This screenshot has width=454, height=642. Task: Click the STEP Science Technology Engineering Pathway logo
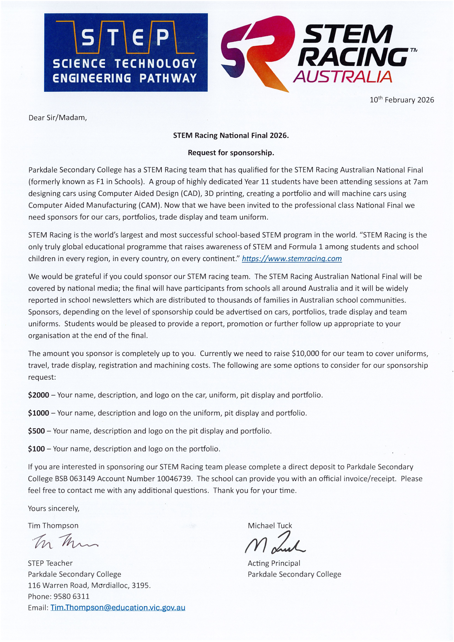click(126, 53)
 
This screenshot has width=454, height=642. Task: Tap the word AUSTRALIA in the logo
click(342, 77)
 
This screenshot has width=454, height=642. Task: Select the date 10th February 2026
click(401, 100)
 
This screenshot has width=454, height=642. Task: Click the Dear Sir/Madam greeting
click(58, 118)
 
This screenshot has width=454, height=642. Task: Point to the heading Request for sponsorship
click(231, 153)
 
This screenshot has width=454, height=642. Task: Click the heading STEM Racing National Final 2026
click(231, 135)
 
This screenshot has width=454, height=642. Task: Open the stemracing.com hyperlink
click(292, 259)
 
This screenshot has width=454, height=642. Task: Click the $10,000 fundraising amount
click(305, 353)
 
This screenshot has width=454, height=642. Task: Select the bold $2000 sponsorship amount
click(39, 395)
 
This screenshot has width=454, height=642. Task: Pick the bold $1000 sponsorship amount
click(39, 413)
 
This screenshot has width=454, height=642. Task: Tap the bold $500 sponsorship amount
click(37, 431)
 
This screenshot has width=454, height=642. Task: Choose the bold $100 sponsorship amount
click(37, 449)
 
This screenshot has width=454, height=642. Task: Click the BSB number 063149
click(82, 479)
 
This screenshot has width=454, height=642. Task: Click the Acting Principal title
click(274, 563)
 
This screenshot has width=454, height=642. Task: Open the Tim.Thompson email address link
click(118, 608)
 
